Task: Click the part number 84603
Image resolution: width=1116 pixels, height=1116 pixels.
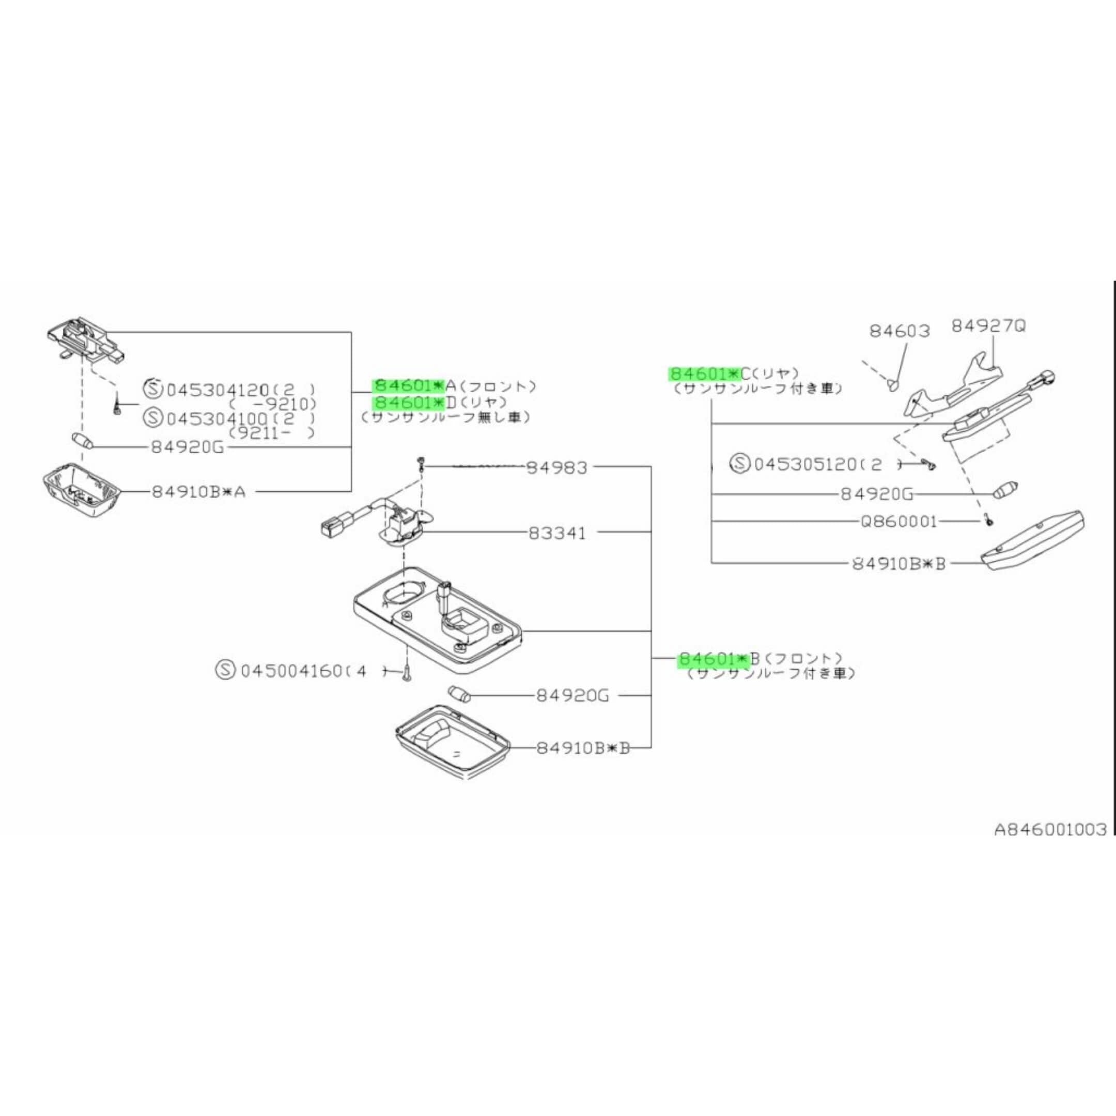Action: coord(900,332)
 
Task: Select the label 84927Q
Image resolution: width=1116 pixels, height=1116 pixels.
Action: coord(988,327)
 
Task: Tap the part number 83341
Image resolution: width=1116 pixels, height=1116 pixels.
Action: coord(557,533)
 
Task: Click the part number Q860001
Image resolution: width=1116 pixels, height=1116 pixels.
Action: coord(898,522)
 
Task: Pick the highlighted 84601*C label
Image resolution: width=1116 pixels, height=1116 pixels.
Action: coord(704,374)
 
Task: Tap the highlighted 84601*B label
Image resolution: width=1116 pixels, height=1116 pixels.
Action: coord(714,659)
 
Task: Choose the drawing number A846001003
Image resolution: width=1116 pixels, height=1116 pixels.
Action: coord(1049,830)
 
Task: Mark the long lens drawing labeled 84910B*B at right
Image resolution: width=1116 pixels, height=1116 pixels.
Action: coord(1033,542)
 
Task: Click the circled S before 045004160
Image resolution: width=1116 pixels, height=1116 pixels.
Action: coord(225,671)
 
